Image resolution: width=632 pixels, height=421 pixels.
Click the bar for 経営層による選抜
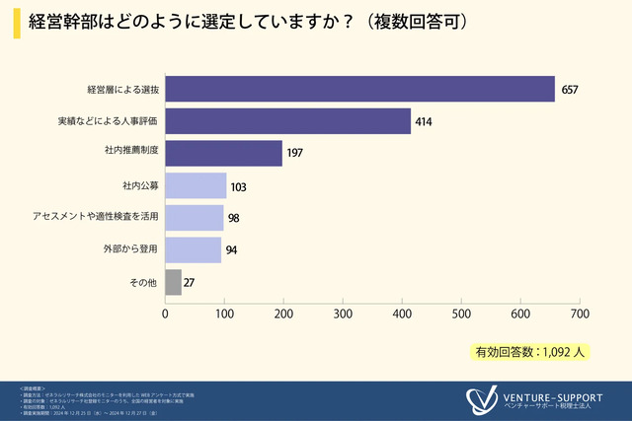pyautogui.click(x=359, y=89)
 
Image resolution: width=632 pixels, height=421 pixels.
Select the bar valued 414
pyautogui.click(x=287, y=121)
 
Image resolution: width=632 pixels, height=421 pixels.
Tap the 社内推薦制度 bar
pyautogui.click(x=223, y=153)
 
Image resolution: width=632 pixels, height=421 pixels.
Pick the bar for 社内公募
pyautogui.click(x=196, y=185)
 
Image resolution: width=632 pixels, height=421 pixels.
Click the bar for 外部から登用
pyautogui.click(x=193, y=249)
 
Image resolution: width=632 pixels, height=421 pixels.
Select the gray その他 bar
pyautogui.click(x=173, y=282)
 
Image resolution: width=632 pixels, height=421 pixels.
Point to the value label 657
pyautogui.click(x=569, y=90)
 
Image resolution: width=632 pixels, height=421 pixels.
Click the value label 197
pyautogui.click(x=296, y=154)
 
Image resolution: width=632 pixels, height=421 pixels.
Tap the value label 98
pyautogui.click(x=234, y=218)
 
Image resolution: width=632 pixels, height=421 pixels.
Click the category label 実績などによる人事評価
pyautogui.click(x=109, y=121)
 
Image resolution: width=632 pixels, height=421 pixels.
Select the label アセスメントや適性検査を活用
pyautogui.click(x=95, y=217)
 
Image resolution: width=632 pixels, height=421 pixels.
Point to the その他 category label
pyautogui.click(x=144, y=282)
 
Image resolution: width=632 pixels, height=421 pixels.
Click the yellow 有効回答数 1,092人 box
pyautogui.click(x=531, y=351)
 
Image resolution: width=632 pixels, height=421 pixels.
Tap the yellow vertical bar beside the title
pyautogui.click(x=17, y=23)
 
